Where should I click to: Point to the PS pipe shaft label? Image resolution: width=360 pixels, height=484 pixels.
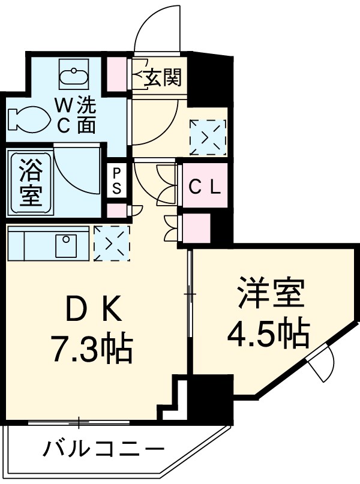coord(116,181)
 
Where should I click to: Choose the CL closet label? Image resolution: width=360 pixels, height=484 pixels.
coord(205,187)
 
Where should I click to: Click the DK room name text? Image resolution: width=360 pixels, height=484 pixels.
coord(94,310)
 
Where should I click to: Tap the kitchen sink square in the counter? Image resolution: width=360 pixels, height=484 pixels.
coord(65,244)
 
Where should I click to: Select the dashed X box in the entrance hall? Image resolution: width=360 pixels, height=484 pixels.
coord(208,137)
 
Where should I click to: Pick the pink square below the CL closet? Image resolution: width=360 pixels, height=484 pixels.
coord(196,227)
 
